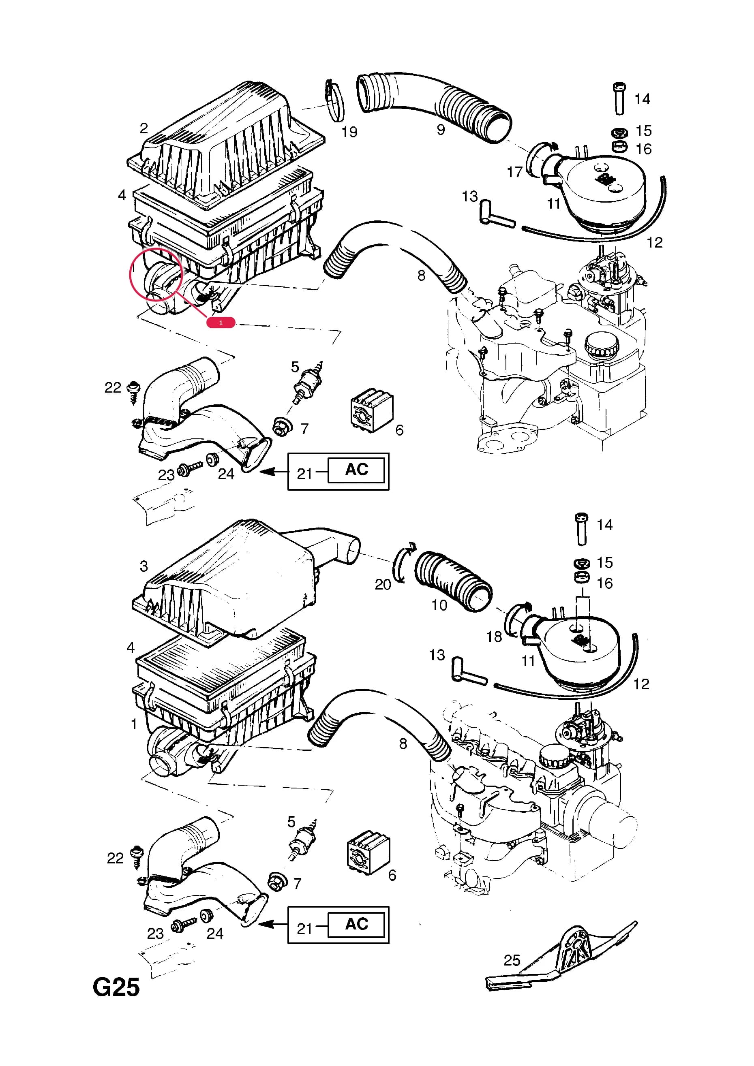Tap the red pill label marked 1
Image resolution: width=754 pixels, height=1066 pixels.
[221, 322]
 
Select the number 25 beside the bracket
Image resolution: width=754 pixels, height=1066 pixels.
[512, 960]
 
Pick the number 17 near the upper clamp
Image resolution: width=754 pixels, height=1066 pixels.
[515, 172]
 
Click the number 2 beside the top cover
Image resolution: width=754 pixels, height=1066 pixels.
[144, 128]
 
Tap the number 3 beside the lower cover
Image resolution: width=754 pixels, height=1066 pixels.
[144, 566]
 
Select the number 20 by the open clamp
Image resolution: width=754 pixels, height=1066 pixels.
[383, 584]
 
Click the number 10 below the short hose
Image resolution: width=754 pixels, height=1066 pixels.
[439, 605]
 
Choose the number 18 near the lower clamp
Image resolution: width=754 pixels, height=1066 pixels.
[494, 637]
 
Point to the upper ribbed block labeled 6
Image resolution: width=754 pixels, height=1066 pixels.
[372, 410]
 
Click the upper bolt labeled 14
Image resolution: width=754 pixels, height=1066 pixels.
[620, 99]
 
